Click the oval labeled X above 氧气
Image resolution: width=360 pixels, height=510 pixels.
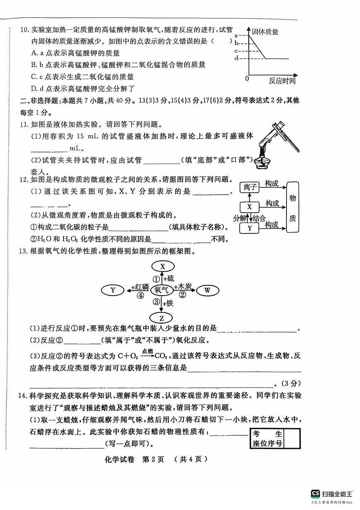click(162, 266)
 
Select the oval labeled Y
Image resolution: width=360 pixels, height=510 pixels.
click(113, 290)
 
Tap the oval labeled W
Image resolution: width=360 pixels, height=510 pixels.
click(207, 290)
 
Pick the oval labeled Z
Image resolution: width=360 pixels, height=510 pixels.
click(162, 319)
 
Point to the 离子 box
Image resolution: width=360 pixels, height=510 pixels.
click(249, 187)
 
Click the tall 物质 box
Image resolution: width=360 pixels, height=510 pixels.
click(292, 207)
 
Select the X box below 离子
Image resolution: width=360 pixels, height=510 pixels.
click(249, 207)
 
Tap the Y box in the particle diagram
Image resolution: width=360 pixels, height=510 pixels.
click(249, 228)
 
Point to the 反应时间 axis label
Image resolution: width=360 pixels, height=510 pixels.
click(282, 81)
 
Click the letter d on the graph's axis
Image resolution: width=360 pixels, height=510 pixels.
click(236, 58)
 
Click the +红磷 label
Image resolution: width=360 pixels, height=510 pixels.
click(140, 287)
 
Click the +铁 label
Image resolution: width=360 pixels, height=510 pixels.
click(168, 303)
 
